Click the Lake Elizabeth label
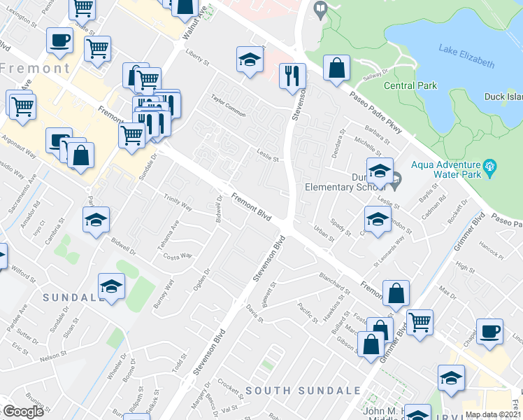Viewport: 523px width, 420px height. [466, 55]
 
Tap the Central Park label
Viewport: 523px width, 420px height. [410, 85]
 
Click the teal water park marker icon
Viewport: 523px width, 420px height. [491, 167]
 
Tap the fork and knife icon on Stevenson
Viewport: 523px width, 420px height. [292, 75]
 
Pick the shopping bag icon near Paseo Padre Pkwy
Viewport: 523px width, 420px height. [337, 68]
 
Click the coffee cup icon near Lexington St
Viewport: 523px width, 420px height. [60, 40]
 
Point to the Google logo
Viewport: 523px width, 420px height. [23, 412]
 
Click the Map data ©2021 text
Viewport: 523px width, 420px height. [494, 414]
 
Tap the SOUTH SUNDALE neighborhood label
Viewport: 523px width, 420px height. [303, 390]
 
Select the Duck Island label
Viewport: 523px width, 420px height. [503, 99]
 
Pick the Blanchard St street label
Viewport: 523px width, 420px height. [334, 283]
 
